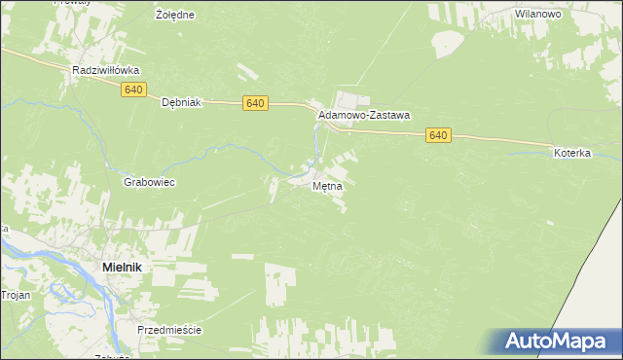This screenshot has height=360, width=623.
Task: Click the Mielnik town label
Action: pos(125,266)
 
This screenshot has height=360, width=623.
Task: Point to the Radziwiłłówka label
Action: pos(107,71)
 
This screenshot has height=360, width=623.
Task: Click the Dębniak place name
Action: pos(180,101)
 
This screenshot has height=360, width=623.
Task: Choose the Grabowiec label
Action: pos(148,182)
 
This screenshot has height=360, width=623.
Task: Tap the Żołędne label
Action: pos(175,16)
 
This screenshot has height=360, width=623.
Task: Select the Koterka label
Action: pos(572,154)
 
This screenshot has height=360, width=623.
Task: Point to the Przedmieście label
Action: pos(169,330)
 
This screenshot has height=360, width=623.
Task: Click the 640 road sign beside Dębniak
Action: pos(254,103)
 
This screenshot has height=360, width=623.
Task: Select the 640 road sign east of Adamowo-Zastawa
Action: pos(437,135)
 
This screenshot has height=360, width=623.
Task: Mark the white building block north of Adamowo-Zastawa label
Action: pos(350,99)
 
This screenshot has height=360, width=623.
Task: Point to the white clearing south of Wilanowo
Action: pos(447,43)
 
